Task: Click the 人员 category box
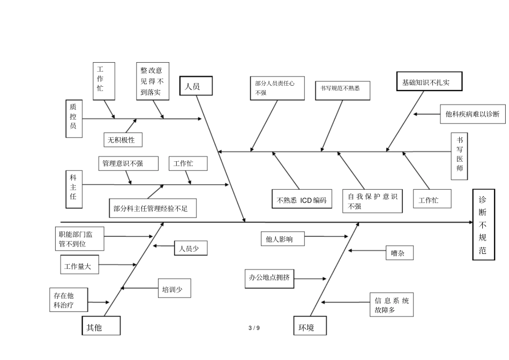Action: pos(196,86)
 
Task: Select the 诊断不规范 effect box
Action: pos(483,224)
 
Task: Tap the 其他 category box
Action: pos(101,326)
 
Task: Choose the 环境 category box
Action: pos(310,326)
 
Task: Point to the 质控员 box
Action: pos(73,118)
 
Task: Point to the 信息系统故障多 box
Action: pos(392,305)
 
